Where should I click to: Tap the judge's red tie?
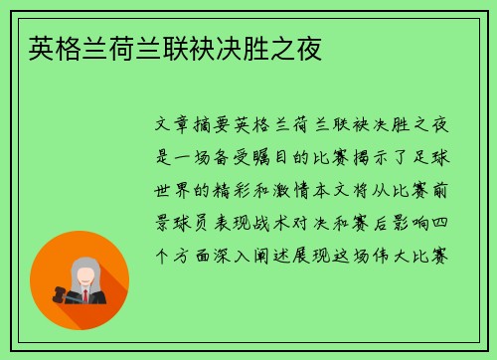(x=85, y=295)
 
